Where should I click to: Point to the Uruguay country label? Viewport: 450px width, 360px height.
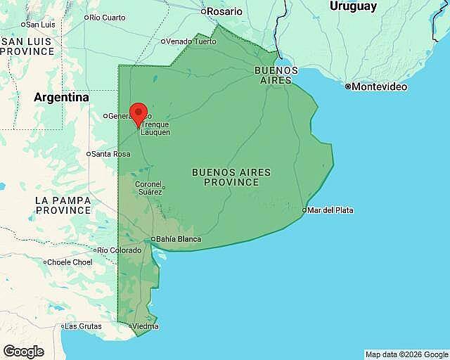pos(353,6)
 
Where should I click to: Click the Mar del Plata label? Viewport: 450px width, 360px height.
pos(330,210)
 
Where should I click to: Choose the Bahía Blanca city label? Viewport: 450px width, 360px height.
pos(178,239)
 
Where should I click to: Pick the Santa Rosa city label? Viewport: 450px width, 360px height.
pos(111,154)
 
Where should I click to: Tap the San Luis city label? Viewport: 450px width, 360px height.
pos(41,24)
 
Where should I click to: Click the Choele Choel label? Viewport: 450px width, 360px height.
pos(70,262)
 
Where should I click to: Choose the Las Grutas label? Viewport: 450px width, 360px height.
pos(83,326)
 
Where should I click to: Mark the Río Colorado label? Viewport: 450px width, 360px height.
pos(121,250)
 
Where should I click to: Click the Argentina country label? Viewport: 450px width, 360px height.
pos(62,97)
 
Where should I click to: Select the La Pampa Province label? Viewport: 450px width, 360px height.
pos(63,205)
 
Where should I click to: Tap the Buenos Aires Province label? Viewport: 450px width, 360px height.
pos(231,177)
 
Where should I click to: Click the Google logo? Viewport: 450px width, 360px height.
pos(23,352)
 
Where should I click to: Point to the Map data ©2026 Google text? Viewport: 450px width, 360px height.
pos(406,354)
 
